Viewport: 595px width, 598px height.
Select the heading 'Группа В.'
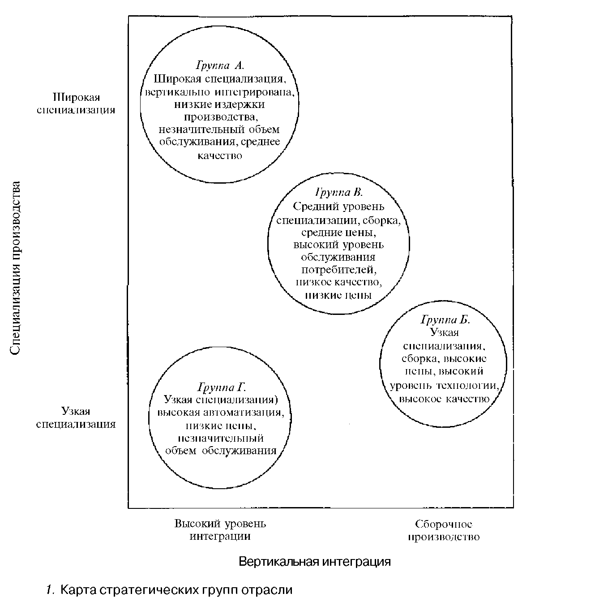pos(339,193)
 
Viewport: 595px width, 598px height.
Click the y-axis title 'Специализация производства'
pos(15,268)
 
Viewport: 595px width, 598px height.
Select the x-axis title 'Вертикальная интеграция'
pos(315,562)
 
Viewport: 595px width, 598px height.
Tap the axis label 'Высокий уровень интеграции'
pos(220,530)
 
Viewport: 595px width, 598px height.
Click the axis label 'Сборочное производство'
pos(444,530)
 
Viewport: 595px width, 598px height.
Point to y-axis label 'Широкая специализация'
pos(76,103)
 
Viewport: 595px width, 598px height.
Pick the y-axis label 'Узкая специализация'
pos(76,417)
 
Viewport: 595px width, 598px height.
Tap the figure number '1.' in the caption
pos(50,589)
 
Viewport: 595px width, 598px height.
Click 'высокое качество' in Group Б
pos(444,399)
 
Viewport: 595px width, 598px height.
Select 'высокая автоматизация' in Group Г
pos(220,412)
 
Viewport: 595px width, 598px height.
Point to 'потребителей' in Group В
pos(338,270)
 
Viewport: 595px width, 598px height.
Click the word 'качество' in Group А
pos(220,155)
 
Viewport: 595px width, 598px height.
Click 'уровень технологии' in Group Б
pos(444,385)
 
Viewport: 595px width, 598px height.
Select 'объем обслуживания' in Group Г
pos(221,451)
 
